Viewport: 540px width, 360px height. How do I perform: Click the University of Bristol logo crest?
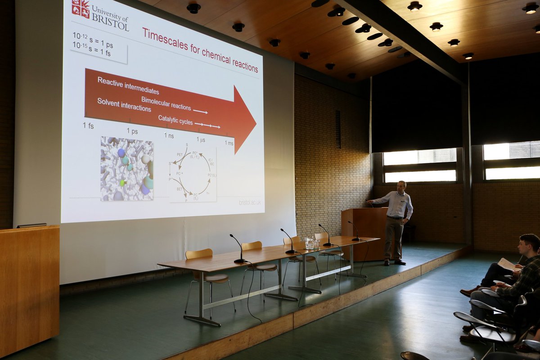pyautogui.click(x=81, y=9)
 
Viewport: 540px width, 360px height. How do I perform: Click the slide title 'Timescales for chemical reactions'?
pyautogui.click(x=200, y=49)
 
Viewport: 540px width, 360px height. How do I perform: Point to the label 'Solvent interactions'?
pyautogui.click(x=124, y=105)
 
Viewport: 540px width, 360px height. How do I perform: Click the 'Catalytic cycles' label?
pyautogui.click(x=175, y=120)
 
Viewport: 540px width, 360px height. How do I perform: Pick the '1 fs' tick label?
pyautogui.click(x=88, y=126)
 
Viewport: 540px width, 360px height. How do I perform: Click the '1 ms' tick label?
pyautogui.click(x=229, y=143)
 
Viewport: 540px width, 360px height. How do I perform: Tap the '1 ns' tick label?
pyautogui.click(x=169, y=135)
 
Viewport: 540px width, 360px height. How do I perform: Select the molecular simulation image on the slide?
pyautogui.click(x=127, y=169)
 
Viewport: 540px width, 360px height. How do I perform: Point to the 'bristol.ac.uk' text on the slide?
pyautogui.click(x=250, y=203)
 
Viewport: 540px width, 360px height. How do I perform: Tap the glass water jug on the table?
pyautogui.click(x=310, y=243)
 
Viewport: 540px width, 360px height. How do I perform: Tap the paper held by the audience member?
pyautogui.click(x=508, y=265)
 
